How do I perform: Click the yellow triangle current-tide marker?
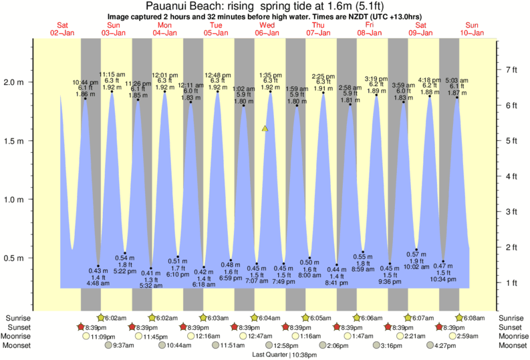click(265, 128)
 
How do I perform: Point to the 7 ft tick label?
click(513, 69)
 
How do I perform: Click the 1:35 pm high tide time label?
click(270, 75)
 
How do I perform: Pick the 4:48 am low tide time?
click(98, 282)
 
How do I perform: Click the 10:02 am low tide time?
click(416, 266)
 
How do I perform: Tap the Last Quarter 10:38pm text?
click(265, 355)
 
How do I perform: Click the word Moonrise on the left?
click(17, 337)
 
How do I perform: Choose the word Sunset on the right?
click(512, 327)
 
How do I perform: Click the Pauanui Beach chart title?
click(264, 5)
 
